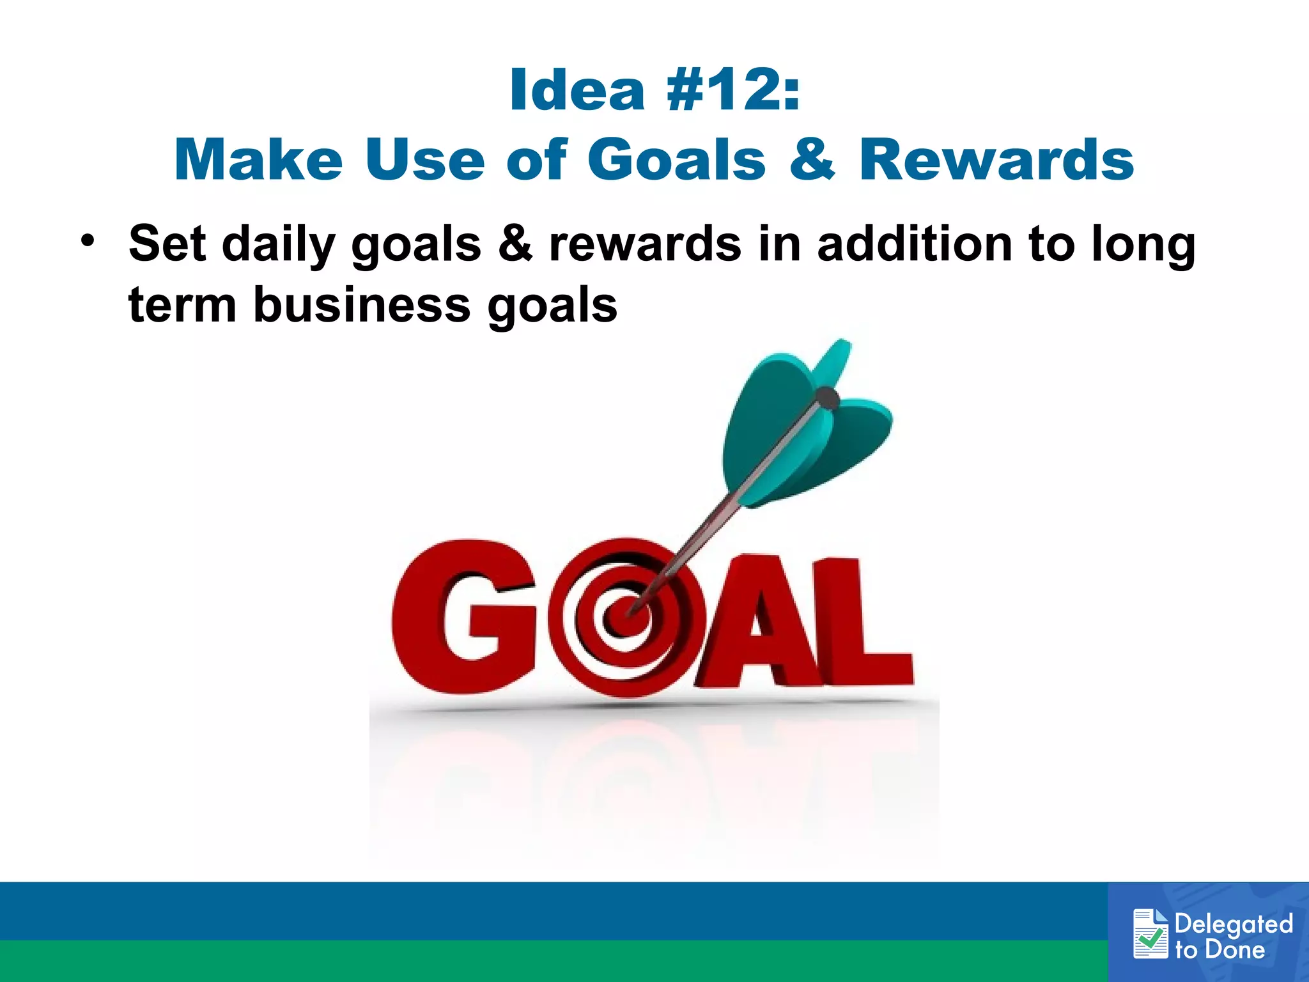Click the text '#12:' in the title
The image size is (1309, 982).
pyautogui.click(x=732, y=91)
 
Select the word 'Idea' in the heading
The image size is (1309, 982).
pyautogui.click(x=577, y=91)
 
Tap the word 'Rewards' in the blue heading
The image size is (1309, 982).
pyautogui.click(x=996, y=160)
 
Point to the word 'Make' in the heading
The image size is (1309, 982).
pyautogui.click(x=258, y=160)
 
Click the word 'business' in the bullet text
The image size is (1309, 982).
pyautogui.click(x=362, y=305)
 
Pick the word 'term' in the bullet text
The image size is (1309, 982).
pyautogui.click(x=182, y=305)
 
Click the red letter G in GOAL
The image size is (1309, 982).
pyautogui.click(x=463, y=617)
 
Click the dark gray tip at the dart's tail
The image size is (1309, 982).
pyautogui.click(x=828, y=399)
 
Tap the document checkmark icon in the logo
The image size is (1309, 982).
pyautogui.click(x=1150, y=934)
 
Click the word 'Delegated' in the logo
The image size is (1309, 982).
pyautogui.click(x=1234, y=924)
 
